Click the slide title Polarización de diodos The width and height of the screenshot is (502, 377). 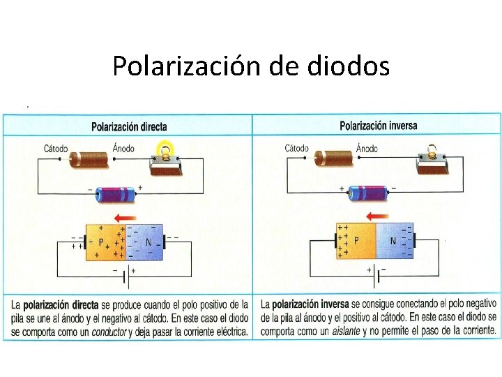pos(251,66)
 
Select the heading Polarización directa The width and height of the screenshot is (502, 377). pos(129,127)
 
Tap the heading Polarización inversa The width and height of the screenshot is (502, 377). pos(378,126)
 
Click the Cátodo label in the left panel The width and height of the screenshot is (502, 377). pos(56,149)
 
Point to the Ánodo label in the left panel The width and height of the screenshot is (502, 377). pos(123,149)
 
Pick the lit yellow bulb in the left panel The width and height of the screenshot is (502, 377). pos(166,151)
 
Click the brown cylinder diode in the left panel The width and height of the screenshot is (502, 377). pos(91,158)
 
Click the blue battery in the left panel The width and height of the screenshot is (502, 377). pos(116,194)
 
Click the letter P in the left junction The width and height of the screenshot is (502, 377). pos(102,242)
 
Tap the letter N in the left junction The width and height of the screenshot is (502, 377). pos(148,242)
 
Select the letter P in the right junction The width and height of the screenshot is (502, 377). pos(356,241)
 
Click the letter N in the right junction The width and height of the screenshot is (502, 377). pos(393,241)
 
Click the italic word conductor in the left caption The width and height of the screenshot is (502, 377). pos(107,332)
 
